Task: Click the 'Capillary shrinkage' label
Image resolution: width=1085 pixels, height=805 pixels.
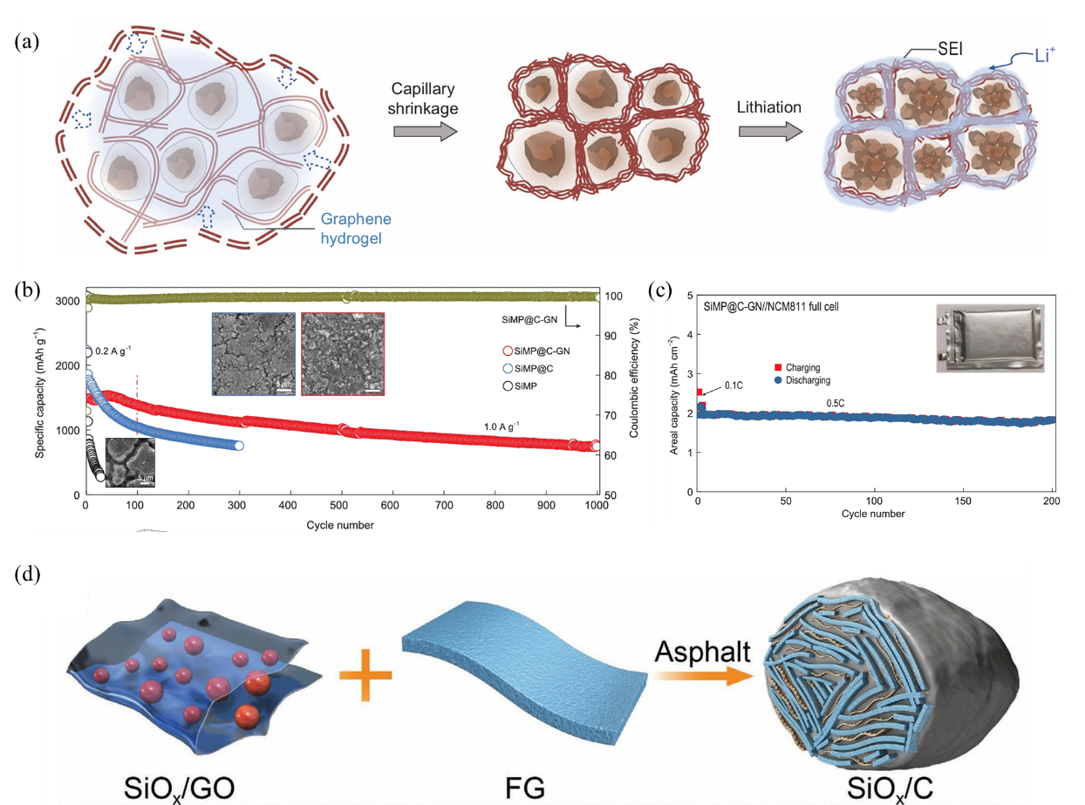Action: pos(425,99)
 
